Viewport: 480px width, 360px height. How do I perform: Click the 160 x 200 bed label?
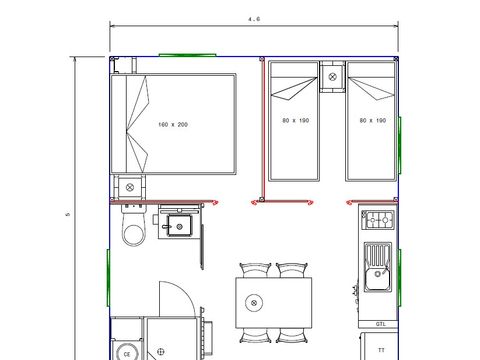[173, 125]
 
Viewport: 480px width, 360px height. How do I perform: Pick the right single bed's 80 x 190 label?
[373, 121]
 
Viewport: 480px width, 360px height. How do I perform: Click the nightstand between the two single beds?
[332, 75]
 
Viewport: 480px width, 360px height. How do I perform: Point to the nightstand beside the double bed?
[129, 187]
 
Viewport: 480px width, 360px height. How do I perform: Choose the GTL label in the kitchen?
[380, 324]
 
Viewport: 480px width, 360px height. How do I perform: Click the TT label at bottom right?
[380, 351]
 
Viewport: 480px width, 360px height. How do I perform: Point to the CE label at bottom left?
[126, 353]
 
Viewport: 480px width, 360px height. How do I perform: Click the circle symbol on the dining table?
[255, 302]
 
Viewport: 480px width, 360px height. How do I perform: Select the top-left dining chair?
[255, 269]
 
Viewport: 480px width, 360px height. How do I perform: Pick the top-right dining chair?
[291, 269]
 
